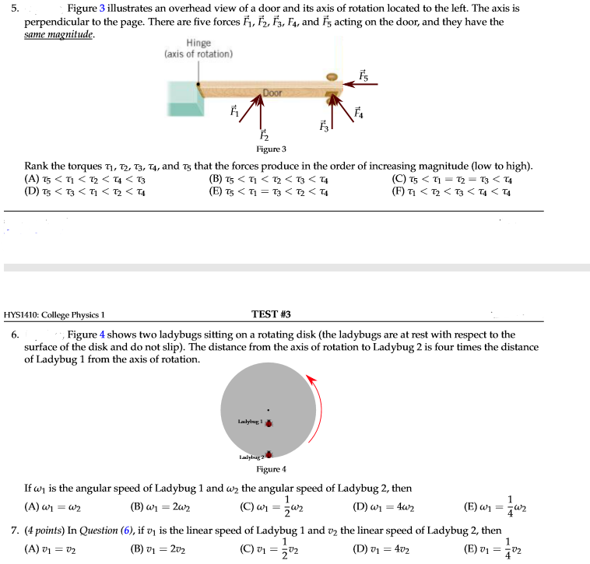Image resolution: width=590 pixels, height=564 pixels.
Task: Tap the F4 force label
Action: tap(359, 111)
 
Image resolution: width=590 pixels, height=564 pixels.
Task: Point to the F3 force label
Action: tap(324, 124)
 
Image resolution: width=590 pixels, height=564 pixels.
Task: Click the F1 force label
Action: tap(230, 111)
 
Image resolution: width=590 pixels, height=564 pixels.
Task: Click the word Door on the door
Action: tap(272, 93)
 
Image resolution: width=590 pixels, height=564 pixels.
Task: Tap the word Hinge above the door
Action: tap(198, 44)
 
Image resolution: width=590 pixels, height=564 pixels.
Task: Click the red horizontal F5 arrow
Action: tap(361, 86)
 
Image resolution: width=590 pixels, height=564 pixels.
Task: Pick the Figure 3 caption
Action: tap(271, 149)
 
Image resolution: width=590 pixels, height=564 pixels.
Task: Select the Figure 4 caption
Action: tap(271, 469)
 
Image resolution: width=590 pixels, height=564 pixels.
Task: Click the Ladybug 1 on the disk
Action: tap(269, 424)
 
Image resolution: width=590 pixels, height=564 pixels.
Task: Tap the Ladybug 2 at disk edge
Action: tap(269, 454)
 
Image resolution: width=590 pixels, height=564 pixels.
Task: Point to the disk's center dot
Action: tap(269, 410)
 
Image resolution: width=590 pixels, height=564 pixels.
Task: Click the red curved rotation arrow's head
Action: tap(311, 378)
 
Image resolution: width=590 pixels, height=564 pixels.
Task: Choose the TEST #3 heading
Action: tap(271, 314)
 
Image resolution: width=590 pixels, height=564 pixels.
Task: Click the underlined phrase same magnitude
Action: tap(58, 34)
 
